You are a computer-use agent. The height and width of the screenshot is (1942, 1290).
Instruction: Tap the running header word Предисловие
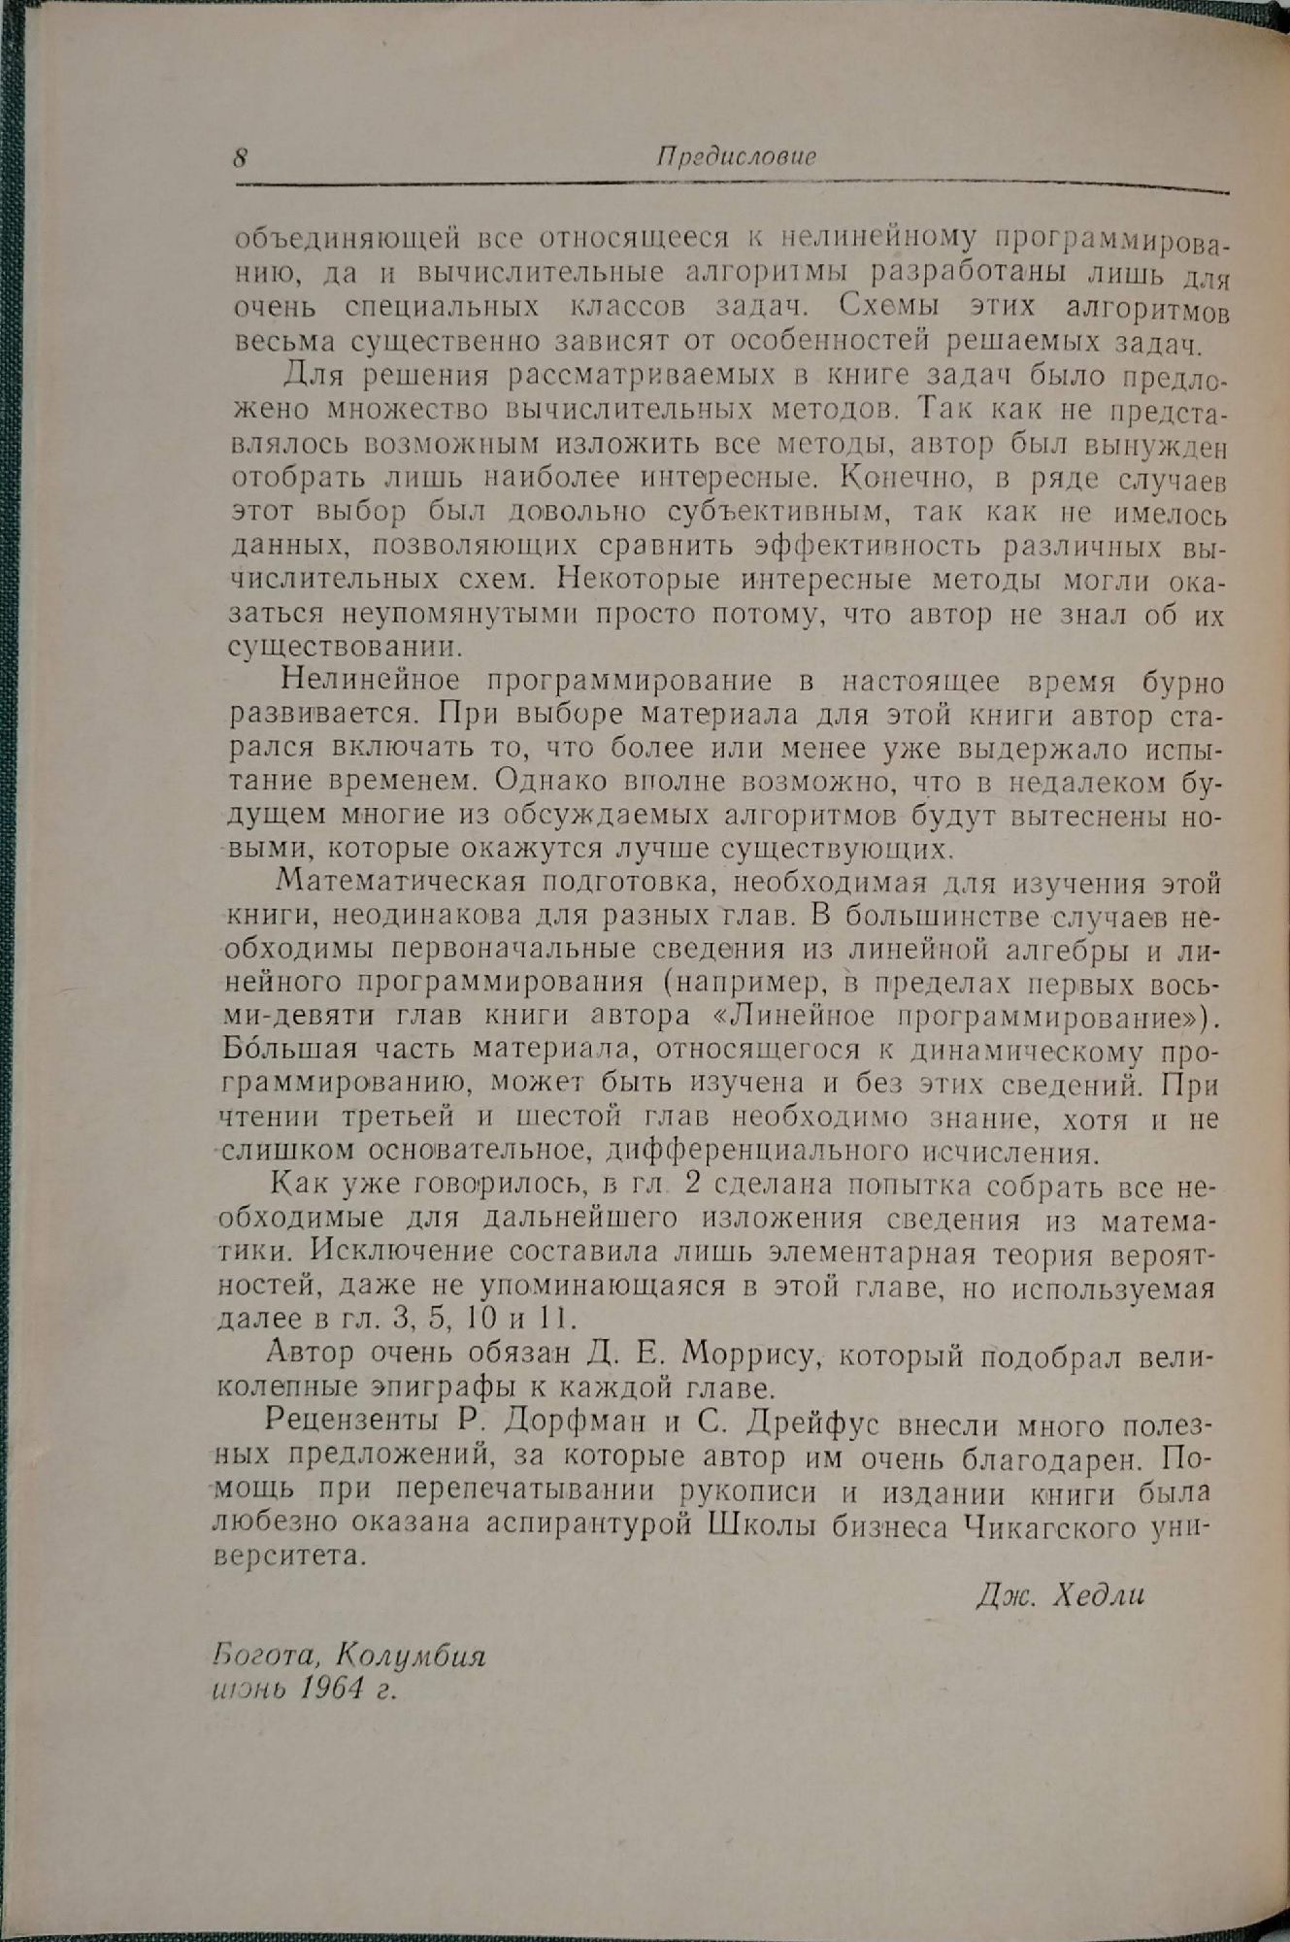[735, 156]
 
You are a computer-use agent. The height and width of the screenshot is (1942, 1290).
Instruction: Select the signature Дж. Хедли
[1060, 1595]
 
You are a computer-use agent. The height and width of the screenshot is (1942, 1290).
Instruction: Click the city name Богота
[256, 1655]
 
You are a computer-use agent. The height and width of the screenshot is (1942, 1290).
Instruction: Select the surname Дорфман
[564, 1425]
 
